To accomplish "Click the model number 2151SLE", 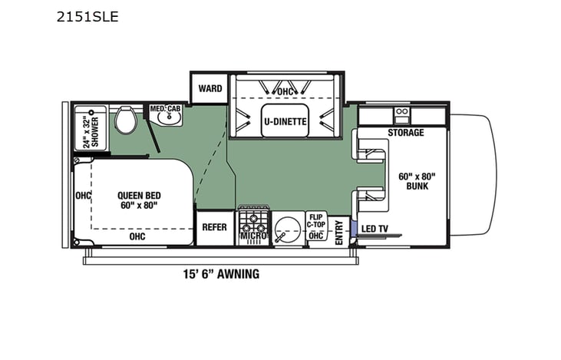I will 87,16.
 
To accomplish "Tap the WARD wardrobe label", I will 210,88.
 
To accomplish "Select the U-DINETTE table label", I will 285,121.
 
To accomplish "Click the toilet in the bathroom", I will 125,119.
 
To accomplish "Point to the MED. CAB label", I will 165,109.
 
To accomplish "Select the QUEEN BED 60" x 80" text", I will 137,200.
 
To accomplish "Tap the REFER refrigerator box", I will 215,227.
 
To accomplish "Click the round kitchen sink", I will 285,227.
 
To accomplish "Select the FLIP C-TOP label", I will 316,220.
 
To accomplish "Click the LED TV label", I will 374,228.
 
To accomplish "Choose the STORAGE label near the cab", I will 405,133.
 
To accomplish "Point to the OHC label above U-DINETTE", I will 285,91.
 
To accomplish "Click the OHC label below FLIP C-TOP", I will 316,236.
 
